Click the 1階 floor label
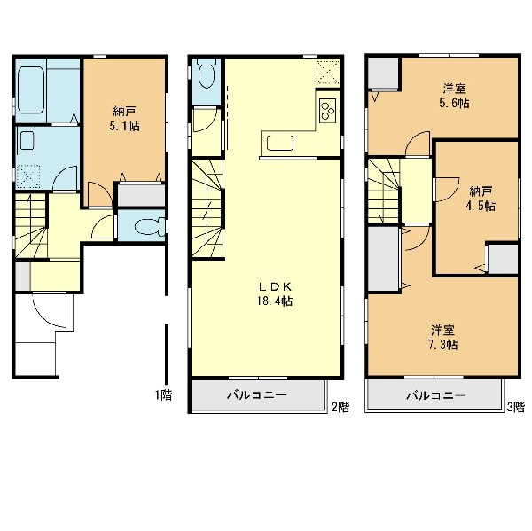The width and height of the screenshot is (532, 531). (164, 395)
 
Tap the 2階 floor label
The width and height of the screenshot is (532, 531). (340, 407)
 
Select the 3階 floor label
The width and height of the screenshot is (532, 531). (516, 407)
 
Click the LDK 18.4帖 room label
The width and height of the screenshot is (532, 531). (275, 293)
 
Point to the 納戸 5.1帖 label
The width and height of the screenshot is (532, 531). (124, 119)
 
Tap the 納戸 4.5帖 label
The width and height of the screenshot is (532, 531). (481, 199)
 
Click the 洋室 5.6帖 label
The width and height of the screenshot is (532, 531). (454, 96)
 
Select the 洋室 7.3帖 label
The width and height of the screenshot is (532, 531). (443, 337)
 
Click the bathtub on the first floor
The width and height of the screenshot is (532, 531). (31, 90)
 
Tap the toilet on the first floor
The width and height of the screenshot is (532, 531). (149, 226)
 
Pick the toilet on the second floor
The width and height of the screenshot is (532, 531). (207, 74)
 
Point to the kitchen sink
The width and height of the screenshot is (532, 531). (280, 143)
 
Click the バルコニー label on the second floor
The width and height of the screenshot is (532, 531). (257, 395)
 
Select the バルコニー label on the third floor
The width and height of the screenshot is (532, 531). (436, 395)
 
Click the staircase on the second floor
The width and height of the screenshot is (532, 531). (207, 208)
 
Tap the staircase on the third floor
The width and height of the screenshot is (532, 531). (384, 191)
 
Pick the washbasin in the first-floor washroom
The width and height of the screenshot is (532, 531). (27, 140)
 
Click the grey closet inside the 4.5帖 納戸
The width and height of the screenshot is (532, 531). (503, 259)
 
